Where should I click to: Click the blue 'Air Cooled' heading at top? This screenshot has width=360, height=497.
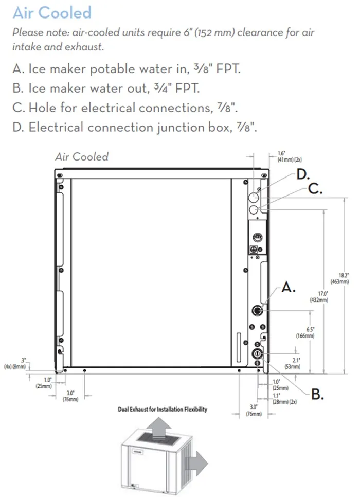coord(52,13)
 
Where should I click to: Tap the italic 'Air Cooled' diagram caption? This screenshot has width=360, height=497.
coord(82,156)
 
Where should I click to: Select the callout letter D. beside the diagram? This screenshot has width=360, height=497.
coord(303,174)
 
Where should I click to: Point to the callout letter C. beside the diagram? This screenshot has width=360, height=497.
coord(315,189)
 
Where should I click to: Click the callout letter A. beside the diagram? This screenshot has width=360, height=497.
coord(289,287)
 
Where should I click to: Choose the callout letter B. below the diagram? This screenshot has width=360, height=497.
coord(317,395)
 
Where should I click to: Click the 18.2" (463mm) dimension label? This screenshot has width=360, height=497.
coord(340,279)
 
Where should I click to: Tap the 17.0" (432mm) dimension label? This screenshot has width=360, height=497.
coord(319,297)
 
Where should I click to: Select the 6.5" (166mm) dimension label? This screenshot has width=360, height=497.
coord(305,332)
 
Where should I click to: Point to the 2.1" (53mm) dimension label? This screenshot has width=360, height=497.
coord(292,364)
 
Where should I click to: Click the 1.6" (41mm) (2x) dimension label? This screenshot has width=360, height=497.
coord(290,156)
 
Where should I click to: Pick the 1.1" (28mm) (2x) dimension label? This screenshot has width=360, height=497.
coord(284,399)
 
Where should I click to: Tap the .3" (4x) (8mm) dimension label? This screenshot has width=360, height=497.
coord(15,364)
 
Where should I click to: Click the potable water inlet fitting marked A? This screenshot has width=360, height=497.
coord(257,311)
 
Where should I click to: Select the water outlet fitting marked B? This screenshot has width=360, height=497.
coord(257,354)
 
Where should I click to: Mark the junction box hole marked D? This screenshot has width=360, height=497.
coord(254,198)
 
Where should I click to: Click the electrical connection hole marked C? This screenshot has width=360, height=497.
coord(254,209)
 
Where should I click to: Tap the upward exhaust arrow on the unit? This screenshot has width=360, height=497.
coord(159,428)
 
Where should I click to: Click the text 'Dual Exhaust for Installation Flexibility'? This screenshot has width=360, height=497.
coord(163,409)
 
